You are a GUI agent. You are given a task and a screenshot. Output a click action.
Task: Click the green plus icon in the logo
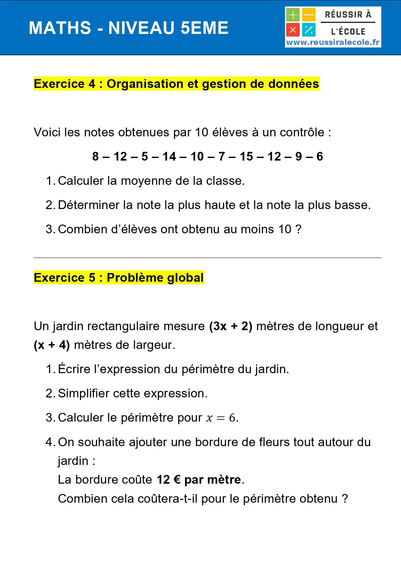click(x=293, y=15)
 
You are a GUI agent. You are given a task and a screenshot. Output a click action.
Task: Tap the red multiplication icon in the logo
click(x=293, y=30)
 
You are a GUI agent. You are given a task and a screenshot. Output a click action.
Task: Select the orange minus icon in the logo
click(x=309, y=15)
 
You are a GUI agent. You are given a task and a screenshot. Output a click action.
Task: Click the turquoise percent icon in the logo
click(x=309, y=30)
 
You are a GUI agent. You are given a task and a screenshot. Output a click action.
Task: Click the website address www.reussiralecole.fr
click(x=333, y=42)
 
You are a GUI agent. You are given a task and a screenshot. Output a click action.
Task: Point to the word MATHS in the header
click(x=60, y=28)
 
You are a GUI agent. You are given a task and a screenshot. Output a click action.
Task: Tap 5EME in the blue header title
click(x=204, y=28)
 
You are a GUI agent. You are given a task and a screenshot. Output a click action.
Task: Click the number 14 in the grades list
click(x=169, y=157)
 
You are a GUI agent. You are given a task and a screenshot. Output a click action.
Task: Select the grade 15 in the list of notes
click(x=246, y=157)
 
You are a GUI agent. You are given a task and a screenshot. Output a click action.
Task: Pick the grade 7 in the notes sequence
click(x=222, y=157)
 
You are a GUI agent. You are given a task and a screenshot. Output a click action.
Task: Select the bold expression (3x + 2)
click(x=230, y=326)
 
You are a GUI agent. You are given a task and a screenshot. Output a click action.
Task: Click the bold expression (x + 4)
click(x=52, y=345)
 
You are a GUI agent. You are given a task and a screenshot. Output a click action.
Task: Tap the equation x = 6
click(x=221, y=418)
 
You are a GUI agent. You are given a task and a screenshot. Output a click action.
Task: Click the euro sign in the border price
click(x=177, y=480)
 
